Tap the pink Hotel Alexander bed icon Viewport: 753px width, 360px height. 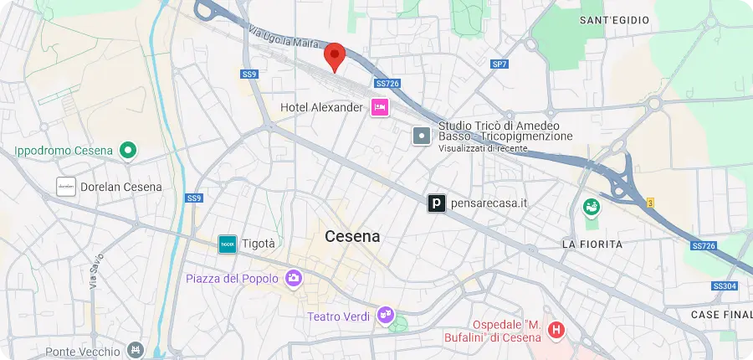[380, 107]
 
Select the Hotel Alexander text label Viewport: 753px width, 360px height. [322, 107]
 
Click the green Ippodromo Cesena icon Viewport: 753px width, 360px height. [128, 151]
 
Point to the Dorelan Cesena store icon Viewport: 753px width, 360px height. [66, 187]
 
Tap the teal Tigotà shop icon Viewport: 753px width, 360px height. [227, 244]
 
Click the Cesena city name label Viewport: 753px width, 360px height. [352, 237]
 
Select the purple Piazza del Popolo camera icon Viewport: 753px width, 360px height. [294, 278]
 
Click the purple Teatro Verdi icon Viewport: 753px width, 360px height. [385, 315]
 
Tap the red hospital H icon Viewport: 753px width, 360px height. [556, 332]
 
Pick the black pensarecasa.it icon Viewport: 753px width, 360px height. [436, 203]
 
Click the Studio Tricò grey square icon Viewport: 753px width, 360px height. [423, 134]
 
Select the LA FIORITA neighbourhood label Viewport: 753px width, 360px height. [592, 244]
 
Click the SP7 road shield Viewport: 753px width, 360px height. [499, 64]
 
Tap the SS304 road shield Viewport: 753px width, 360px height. [725, 286]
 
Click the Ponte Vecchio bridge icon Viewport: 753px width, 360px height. [136, 349]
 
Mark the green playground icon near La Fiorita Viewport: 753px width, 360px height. [592, 206]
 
